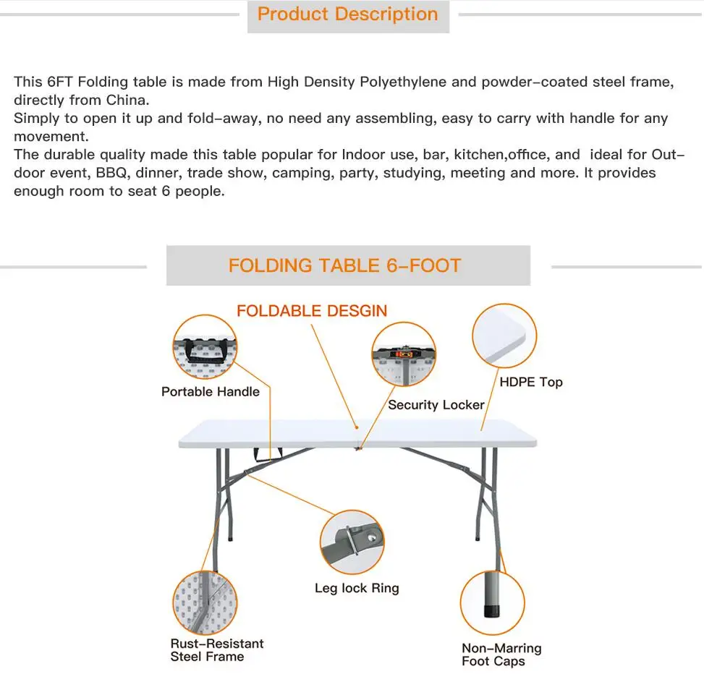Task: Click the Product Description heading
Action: tap(347, 14)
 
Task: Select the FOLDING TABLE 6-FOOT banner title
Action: tap(344, 265)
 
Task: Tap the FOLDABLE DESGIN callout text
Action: tap(312, 311)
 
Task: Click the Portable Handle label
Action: tap(210, 392)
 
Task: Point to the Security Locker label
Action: tap(436, 405)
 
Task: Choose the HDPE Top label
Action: tap(530, 382)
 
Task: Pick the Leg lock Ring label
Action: tap(357, 588)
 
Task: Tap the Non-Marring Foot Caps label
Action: tap(501, 654)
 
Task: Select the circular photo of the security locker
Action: tap(404, 355)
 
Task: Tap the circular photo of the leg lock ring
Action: tap(352, 542)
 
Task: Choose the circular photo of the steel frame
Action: tap(205, 602)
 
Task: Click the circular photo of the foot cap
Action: tap(492, 602)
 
